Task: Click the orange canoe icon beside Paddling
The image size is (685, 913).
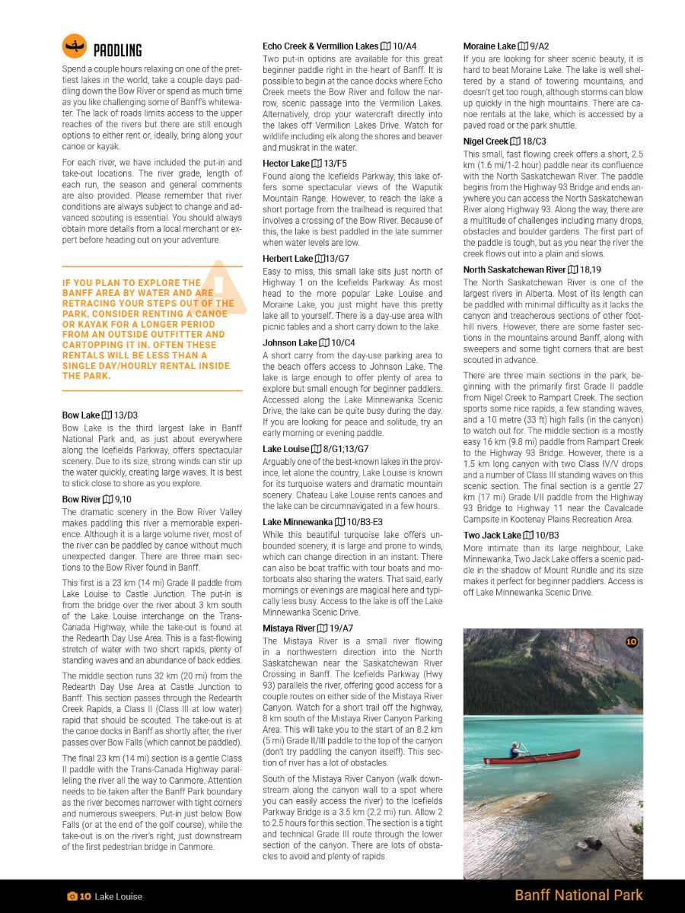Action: coord(74,46)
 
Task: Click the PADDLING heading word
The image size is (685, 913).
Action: coord(117,50)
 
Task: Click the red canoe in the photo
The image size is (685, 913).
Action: coord(532,757)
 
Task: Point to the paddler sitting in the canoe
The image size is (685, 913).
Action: coord(515,750)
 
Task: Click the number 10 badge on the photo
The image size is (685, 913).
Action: coord(631,641)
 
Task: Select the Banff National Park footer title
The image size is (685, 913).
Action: coord(578,896)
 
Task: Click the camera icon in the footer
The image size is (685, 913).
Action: coord(72,896)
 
